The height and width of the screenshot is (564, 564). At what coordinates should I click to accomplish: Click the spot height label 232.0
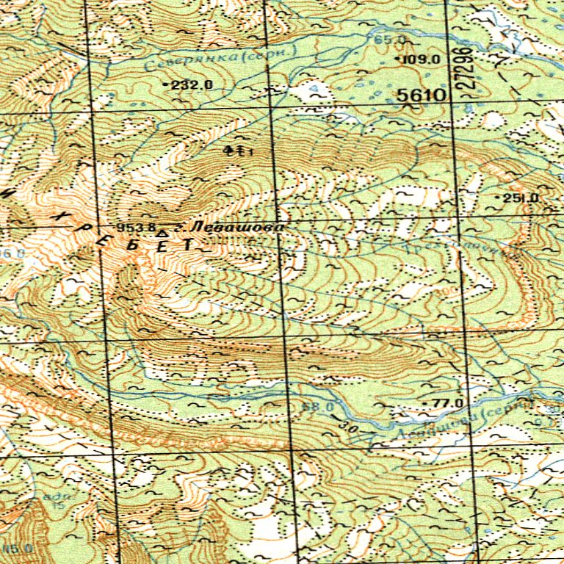(192, 85)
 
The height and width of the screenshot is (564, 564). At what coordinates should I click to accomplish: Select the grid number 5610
(422, 95)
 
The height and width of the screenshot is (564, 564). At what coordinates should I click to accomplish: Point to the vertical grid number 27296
(465, 70)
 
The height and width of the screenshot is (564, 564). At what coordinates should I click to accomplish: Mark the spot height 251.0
(522, 198)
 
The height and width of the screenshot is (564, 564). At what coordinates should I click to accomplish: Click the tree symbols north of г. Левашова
(237, 151)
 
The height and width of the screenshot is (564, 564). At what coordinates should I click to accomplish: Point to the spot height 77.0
(447, 403)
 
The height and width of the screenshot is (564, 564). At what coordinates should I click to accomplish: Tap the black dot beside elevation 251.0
(500, 199)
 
